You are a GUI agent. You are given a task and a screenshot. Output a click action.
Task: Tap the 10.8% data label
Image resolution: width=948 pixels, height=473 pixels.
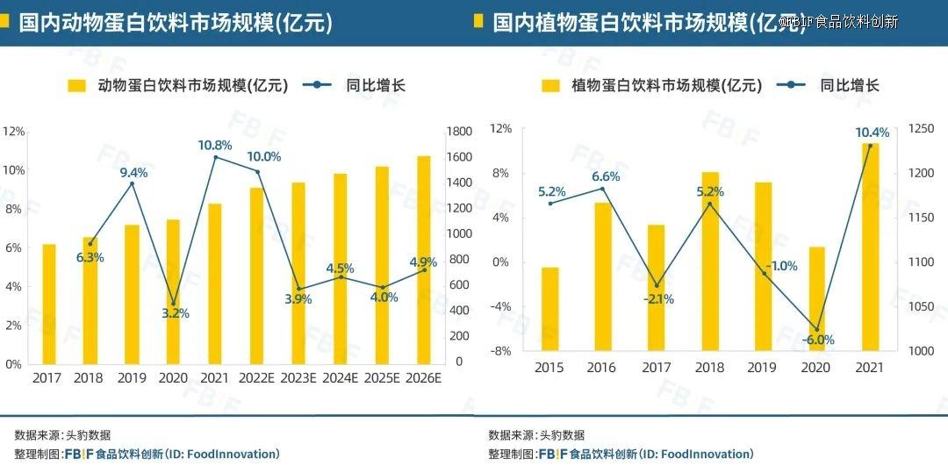pyautogui.click(x=215, y=145)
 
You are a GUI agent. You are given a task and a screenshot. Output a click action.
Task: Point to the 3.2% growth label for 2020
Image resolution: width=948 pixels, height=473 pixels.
pyautogui.click(x=176, y=313)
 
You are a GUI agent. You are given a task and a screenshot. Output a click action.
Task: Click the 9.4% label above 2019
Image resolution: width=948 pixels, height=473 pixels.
pyautogui.click(x=133, y=173)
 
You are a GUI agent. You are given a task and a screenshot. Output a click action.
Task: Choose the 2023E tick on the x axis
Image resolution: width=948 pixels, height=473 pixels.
pyautogui.click(x=298, y=378)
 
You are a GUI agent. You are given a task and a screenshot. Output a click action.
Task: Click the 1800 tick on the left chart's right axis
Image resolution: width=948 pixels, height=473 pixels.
pyautogui.click(x=460, y=131)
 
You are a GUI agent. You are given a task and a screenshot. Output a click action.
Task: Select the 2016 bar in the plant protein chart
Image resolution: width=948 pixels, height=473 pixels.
pyautogui.click(x=603, y=276)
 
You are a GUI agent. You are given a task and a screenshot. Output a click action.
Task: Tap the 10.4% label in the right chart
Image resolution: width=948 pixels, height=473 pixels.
pyautogui.click(x=872, y=133)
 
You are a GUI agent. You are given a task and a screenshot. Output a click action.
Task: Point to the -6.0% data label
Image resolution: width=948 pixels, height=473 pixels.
pyautogui.click(x=817, y=340)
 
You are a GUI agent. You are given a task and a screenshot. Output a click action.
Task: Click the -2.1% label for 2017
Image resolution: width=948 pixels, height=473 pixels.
pyautogui.click(x=658, y=298)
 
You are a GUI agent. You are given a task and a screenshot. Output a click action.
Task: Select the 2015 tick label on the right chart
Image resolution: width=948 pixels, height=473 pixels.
pyautogui.click(x=549, y=367)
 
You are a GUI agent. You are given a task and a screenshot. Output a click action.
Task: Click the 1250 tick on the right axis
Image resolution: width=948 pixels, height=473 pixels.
pyautogui.click(x=922, y=128)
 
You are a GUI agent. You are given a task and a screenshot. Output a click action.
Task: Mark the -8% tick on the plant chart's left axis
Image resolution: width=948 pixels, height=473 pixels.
pyautogui.click(x=500, y=351)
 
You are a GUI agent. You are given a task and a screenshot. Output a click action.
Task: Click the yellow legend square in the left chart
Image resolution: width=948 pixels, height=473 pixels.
pyautogui.click(x=77, y=85)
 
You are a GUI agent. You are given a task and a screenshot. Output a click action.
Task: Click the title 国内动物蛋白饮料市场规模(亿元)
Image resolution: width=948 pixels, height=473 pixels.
pyautogui.click(x=176, y=23)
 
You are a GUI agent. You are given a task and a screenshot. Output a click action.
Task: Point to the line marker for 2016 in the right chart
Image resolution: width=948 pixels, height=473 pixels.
pyautogui.click(x=603, y=189)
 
